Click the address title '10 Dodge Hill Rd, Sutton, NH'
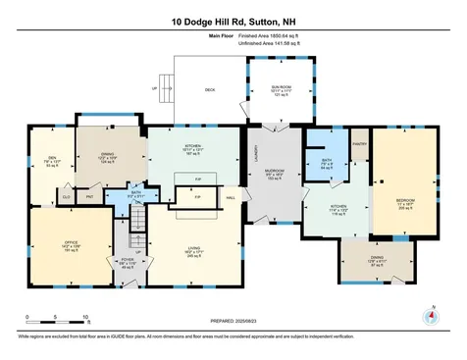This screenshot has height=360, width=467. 233,20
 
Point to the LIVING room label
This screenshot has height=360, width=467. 193,253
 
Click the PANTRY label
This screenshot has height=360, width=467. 358,143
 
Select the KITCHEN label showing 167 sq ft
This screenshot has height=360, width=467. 193,150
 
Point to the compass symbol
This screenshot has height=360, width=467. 429,317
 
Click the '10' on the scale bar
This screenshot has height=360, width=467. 86,318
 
